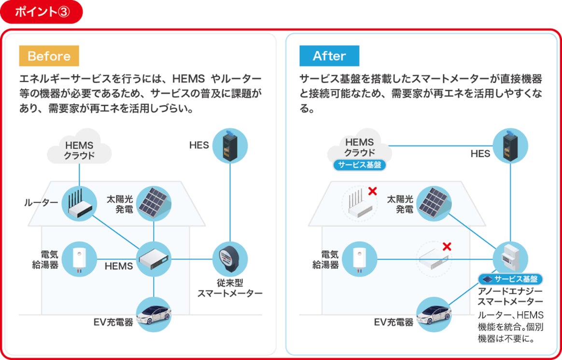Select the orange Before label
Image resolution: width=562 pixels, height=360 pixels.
[x=49, y=56]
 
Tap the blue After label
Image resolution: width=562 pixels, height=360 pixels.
[x=329, y=56]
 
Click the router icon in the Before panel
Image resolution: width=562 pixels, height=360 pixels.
[x=80, y=203]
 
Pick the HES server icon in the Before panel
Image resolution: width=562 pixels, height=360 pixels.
[x=230, y=145]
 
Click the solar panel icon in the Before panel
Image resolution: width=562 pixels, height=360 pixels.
[x=154, y=203]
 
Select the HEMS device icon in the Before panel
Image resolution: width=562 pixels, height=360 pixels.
[x=154, y=259]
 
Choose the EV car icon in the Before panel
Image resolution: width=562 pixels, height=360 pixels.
[x=154, y=314]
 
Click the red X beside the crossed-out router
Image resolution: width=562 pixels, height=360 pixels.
[x=372, y=191]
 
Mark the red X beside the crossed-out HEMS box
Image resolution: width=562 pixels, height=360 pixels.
[x=447, y=246]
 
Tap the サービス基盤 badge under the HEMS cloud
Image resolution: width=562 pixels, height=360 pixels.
[x=360, y=165]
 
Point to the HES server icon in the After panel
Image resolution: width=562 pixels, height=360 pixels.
[x=510, y=145]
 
